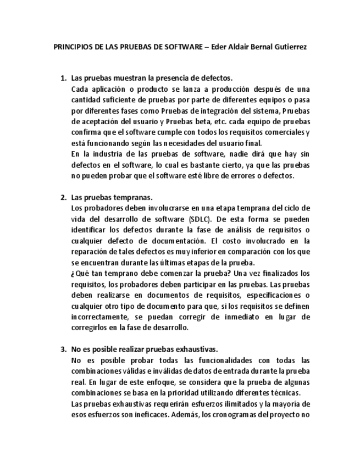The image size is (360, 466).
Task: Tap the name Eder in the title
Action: (x=220, y=47)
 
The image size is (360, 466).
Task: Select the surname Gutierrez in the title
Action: (x=288, y=47)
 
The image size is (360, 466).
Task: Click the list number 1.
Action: (x=63, y=78)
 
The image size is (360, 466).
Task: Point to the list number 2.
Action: (x=63, y=197)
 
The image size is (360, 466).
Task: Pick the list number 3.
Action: (x=63, y=349)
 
